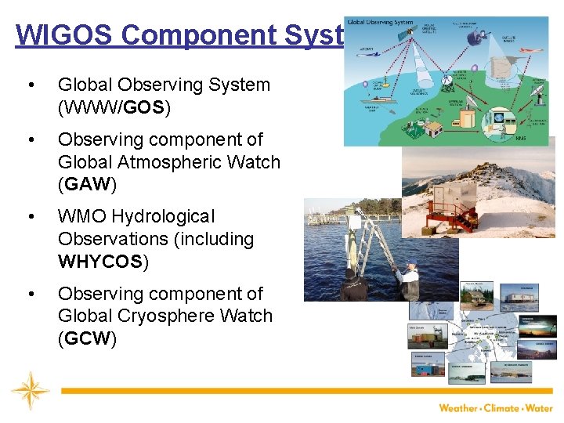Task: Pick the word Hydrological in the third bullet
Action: [x=164, y=216]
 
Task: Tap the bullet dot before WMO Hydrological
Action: [x=30, y=217]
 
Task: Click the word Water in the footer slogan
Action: [x=540, y=408]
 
